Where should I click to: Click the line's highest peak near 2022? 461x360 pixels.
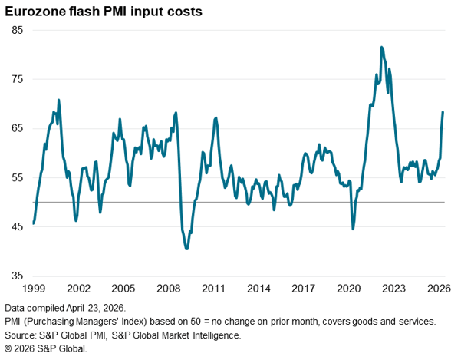(381, 48)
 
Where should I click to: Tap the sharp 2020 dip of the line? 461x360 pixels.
(353, 229)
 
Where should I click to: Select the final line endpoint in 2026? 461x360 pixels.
(443, 112)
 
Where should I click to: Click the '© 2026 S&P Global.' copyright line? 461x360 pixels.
(46, 348)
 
